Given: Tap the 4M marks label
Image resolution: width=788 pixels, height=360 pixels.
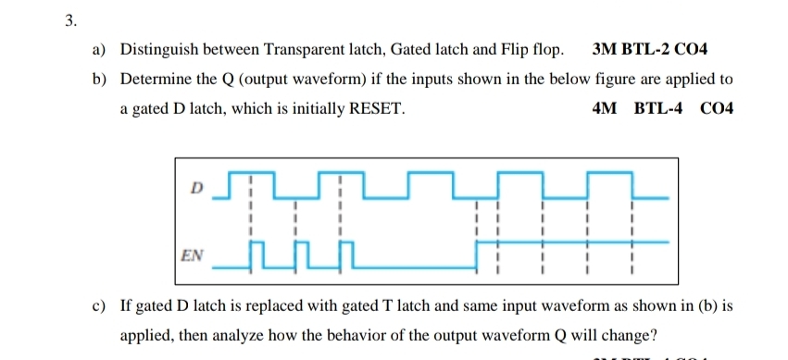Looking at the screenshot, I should tap(603, 108).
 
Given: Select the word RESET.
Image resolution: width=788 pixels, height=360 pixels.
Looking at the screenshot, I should tap(375, 108).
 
